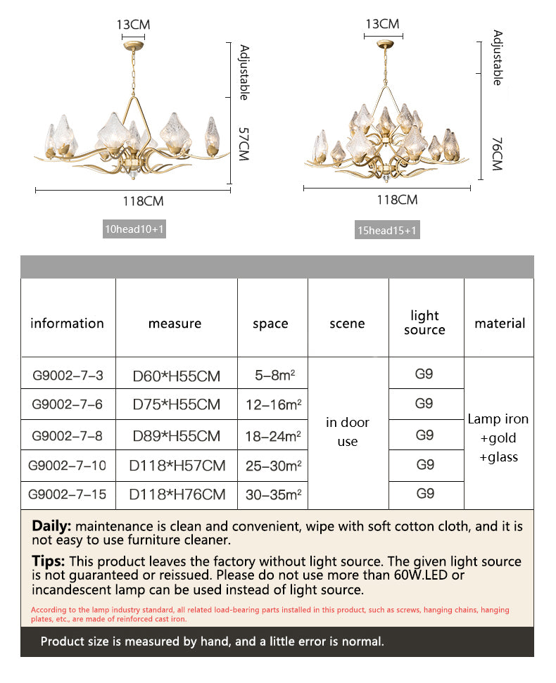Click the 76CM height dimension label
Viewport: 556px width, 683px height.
(497, 154)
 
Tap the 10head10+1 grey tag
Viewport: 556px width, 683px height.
(134, 229)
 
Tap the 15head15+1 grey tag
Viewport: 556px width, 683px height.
(387, 230)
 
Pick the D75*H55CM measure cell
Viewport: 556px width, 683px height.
(176, 404)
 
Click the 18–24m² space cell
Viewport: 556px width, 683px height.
(272, 435)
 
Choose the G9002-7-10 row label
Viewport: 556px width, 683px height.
(68, 465)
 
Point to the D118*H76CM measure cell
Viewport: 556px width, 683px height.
(176, 494)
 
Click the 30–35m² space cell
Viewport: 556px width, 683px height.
(272, 494)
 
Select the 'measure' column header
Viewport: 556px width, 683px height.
(175, 324)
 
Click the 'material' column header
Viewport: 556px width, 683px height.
(500, 324)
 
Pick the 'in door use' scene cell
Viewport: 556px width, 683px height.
(348, 432)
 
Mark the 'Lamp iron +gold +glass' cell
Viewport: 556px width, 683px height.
(498, 438)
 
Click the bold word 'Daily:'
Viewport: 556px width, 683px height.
(51, 525)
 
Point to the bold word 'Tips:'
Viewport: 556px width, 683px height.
(48, 561)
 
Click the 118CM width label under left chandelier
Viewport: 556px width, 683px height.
(144, 201)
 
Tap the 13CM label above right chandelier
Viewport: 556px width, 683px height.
(382, 24)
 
